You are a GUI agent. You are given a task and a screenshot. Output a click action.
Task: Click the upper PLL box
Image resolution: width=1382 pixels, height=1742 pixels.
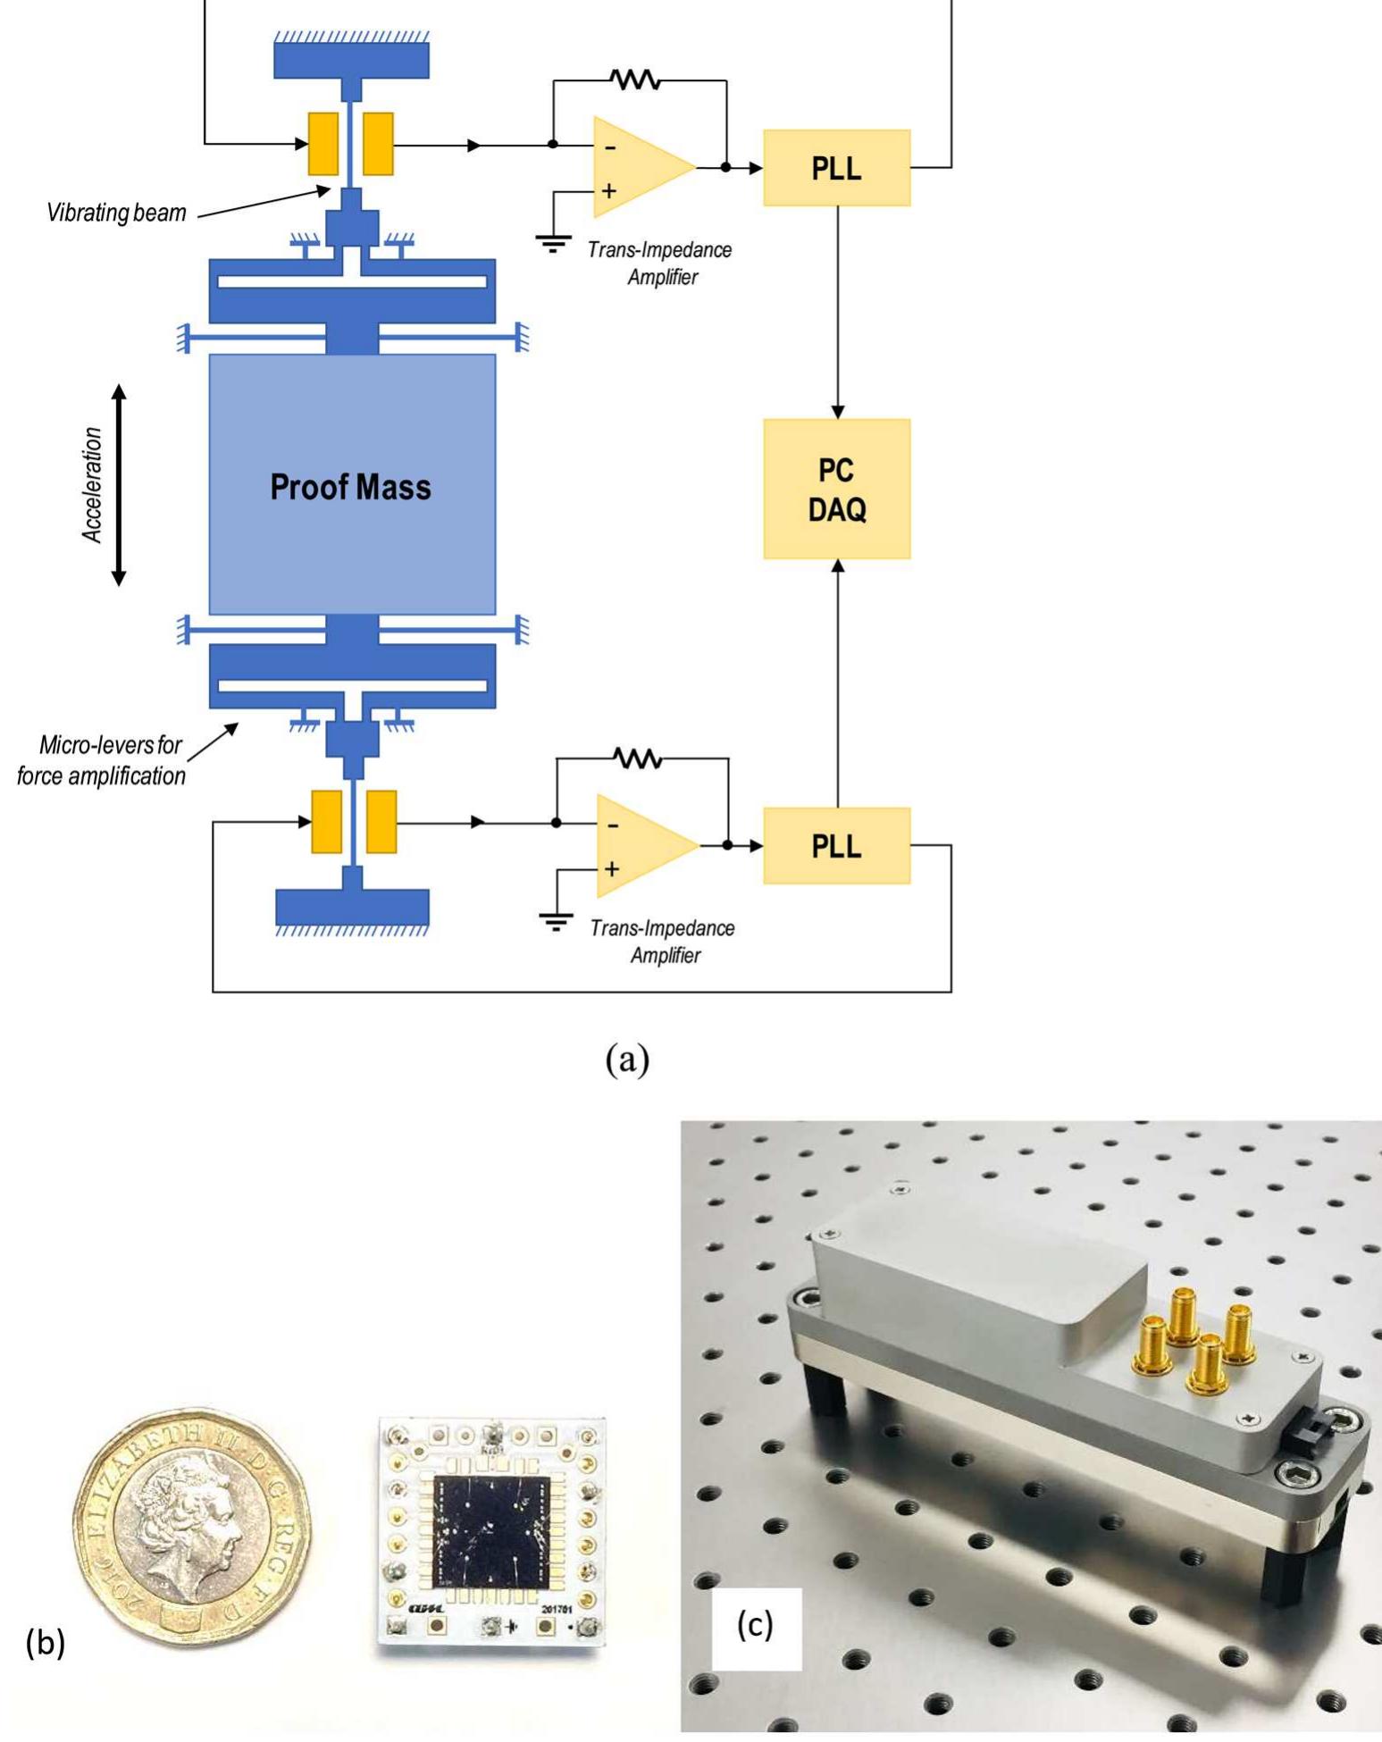pyautogui.click(x=836, y=168)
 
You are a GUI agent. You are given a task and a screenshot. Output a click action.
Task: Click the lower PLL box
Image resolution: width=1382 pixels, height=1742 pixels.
pyautogui.click(x=836, y=846)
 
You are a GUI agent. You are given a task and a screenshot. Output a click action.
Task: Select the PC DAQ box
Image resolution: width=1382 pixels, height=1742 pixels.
pyautogui.click(x=836, y=489)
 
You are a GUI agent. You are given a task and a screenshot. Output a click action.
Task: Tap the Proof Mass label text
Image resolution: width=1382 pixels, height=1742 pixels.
pyautogui.click(x=350, y=487)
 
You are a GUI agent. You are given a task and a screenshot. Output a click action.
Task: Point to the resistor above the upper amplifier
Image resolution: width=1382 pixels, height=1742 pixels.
pyautogui.click(x=635, y=80)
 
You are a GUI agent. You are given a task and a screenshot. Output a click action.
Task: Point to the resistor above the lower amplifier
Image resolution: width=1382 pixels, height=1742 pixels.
pyautogui.click(x=638, y=758)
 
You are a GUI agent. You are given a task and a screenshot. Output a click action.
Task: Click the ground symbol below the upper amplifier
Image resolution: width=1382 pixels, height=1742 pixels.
pyautogui.click(x=553, y=242)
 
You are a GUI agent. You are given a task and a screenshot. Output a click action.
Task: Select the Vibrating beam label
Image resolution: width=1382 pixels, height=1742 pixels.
pyautogui.click(x=116, y=213)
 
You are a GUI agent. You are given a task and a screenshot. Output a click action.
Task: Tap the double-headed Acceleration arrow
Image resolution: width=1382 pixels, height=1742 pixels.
pyautogui.click(x=119, y=485)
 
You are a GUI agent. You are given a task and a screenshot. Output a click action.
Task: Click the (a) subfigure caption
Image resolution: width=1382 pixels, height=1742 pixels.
pyautogui.click(x=627, y=1059)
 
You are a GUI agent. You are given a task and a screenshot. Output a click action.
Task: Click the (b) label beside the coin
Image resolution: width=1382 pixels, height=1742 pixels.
pyautogui.click(x=46, y=1642)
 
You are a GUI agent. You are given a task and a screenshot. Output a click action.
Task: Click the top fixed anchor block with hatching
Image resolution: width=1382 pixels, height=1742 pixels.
pyautogui.click(x=351, y=58)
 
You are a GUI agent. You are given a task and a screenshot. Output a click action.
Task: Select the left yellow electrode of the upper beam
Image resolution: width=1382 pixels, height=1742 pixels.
pyautogui.click(x=323, y=144)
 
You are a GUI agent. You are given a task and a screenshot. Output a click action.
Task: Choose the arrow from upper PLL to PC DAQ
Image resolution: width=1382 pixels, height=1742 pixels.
pyautogui.click(x=837, y=313)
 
